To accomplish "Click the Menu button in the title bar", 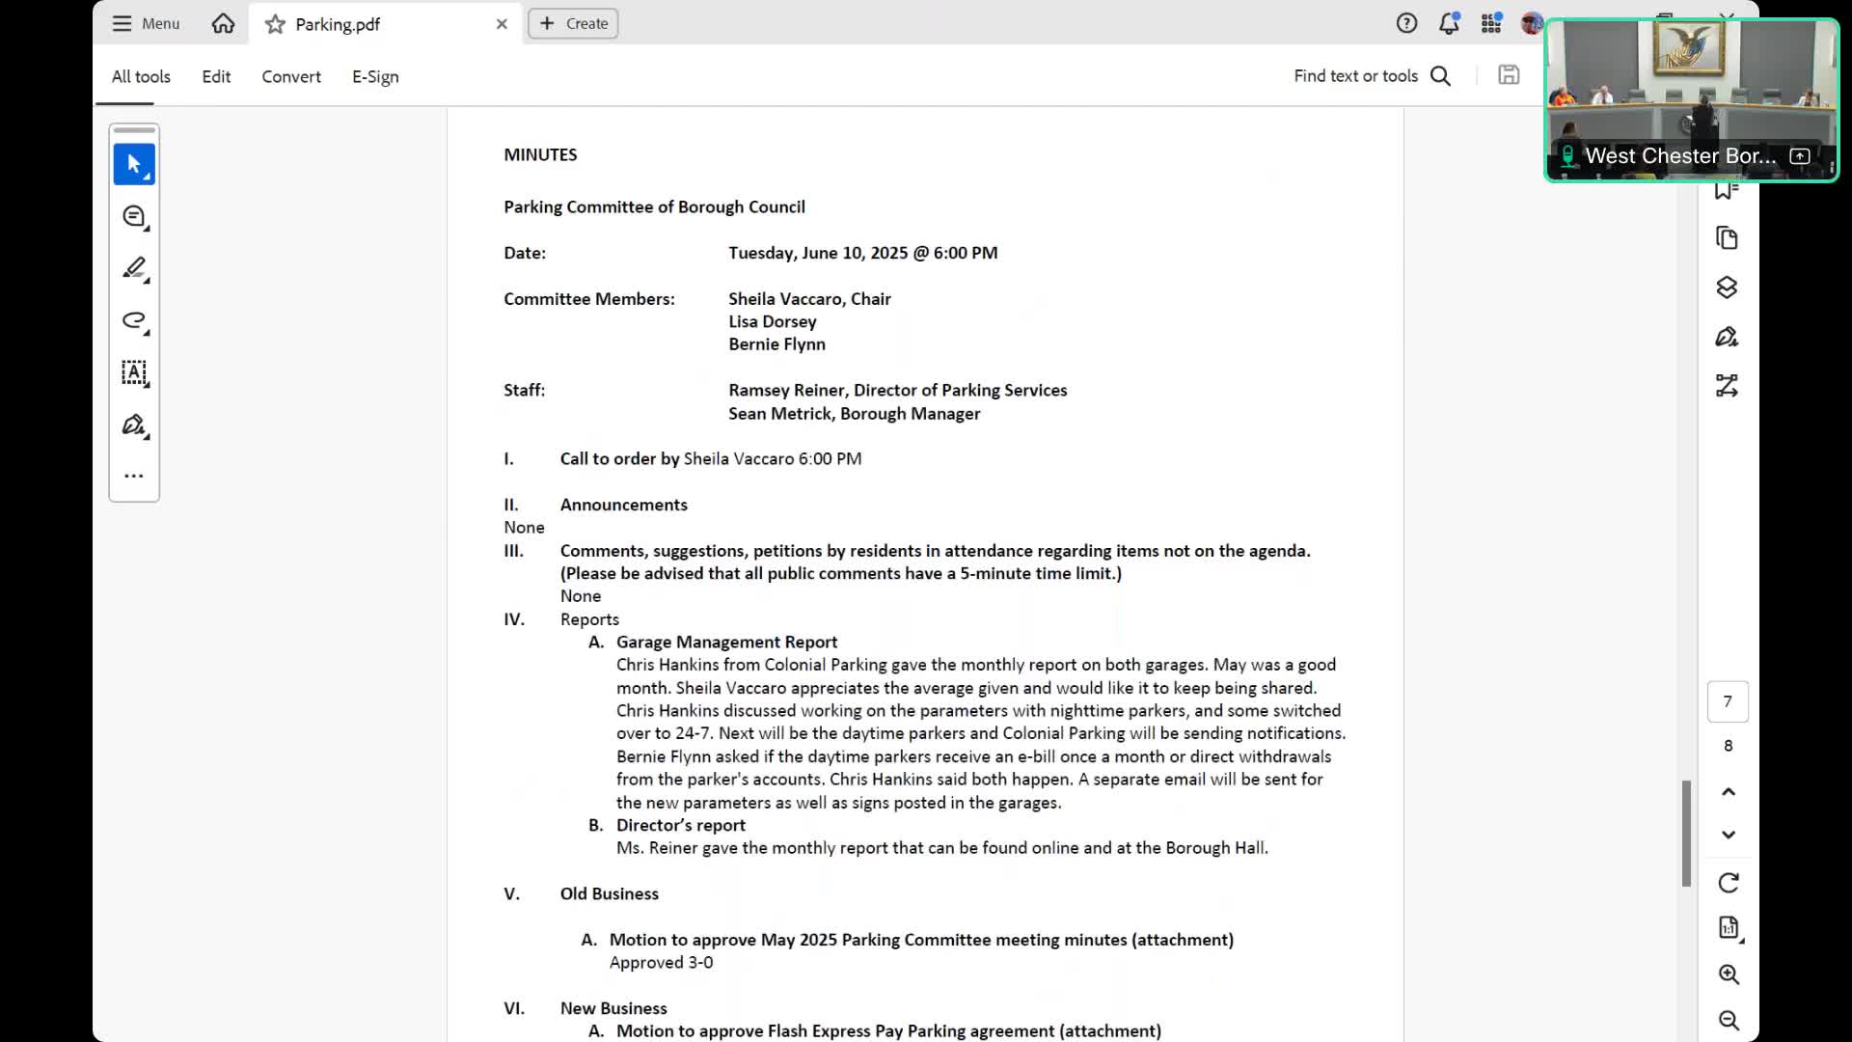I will coord(146,23).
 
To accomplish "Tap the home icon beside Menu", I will coord(223,23).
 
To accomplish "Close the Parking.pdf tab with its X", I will coord(502,24).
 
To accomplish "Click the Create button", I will coord(573,23).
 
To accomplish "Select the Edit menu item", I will coord(216,76).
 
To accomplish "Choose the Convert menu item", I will coord(291,76).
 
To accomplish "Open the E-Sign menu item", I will coord(375,76).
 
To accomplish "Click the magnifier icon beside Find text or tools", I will coord(1440,76).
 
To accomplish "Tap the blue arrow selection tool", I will coord(134,164).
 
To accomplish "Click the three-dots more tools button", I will coord(134,476).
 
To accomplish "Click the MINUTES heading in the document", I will coord(540,154).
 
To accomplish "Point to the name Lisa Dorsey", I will coord(772,321).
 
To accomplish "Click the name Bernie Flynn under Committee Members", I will coord(776,344).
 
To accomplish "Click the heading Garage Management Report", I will coord(726,642).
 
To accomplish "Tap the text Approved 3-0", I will coord(661,962).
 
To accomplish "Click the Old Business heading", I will coord(609,893).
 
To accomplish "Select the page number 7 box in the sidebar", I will coord(1728,701).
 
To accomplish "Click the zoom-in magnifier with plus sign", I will coord(1729,974).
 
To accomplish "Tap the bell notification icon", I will coord(1449,23).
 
